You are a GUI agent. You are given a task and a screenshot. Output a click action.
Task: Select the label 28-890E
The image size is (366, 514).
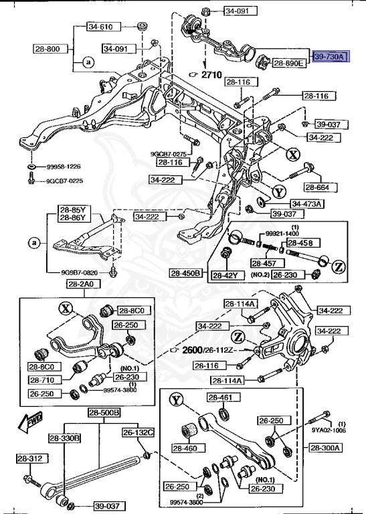(288, 64)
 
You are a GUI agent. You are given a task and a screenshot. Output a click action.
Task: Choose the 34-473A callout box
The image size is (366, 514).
(306, 203)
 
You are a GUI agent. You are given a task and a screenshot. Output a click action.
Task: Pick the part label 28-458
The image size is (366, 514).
(300, 242)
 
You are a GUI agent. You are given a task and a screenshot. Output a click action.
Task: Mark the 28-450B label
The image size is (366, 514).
(185, 273)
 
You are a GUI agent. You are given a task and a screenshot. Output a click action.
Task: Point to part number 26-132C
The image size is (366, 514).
(138, 432)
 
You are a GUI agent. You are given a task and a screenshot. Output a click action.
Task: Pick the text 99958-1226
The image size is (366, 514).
(64, 166)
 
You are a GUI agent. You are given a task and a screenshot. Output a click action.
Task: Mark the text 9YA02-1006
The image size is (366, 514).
(330, 432)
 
